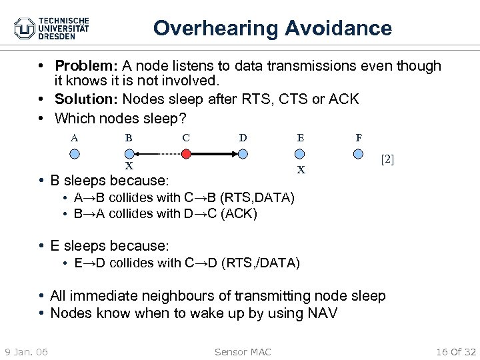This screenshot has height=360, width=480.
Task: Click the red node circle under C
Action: coord(187,153)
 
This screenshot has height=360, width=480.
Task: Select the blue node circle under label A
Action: coord(75,153)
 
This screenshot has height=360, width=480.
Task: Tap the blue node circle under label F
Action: coord(359,153)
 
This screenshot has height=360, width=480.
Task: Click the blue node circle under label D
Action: coord(243,153)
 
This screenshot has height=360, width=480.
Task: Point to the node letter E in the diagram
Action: coord(301,138)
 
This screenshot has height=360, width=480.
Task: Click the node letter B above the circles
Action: coord(129,138)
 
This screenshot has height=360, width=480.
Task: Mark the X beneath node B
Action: coord(129,166)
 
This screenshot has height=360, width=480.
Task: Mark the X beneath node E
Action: coord(301,169)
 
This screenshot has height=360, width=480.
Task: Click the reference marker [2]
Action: coord(387,159)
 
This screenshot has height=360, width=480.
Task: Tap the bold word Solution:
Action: coord(84,99)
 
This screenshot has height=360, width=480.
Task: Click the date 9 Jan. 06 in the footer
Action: coord(25,351)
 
